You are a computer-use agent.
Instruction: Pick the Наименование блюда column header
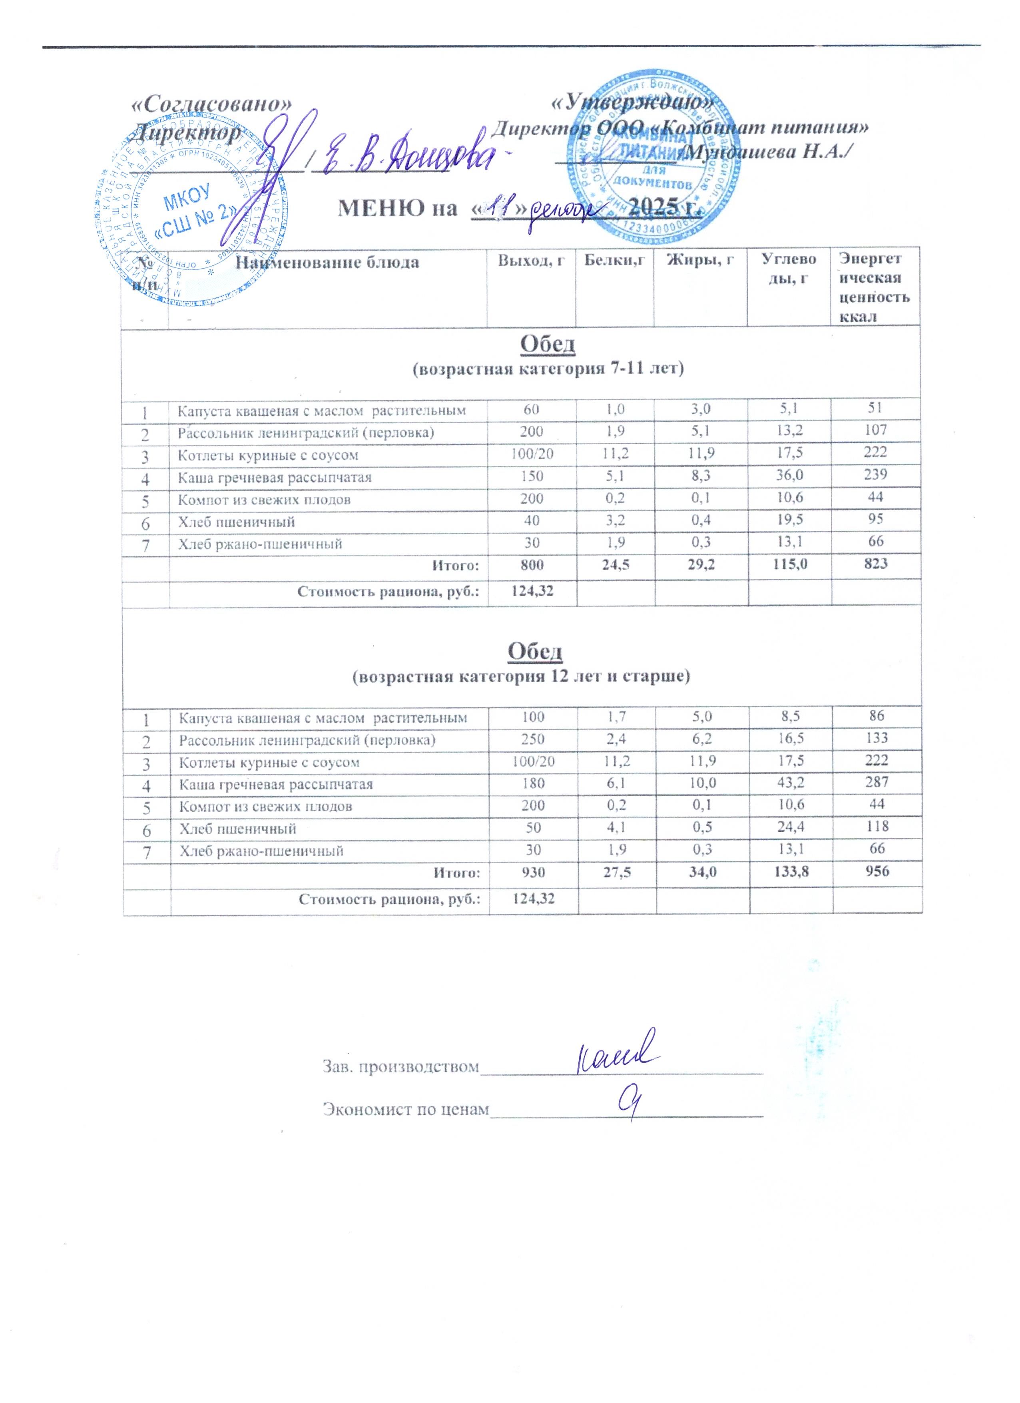click(x=328, y=262)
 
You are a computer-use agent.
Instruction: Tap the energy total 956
click(x=877, y=872)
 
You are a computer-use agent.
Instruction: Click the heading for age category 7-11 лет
click(x=548, y=370)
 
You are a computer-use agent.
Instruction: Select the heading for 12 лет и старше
click(x=521, y=676)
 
